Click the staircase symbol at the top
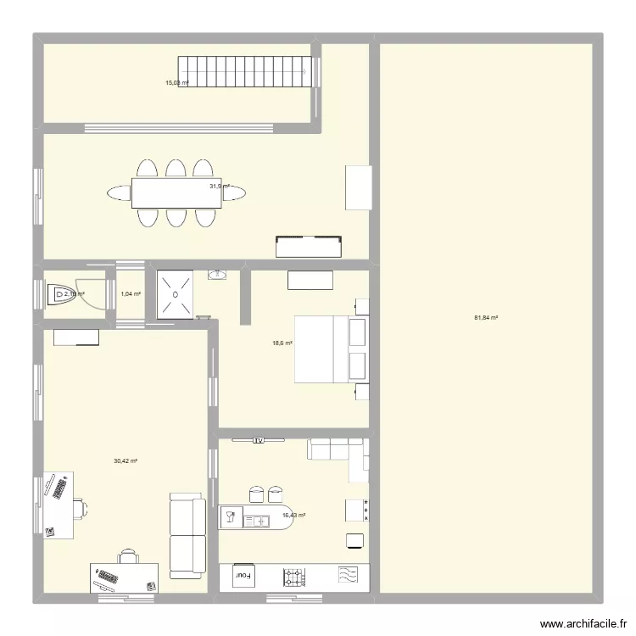243,71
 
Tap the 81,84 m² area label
486,318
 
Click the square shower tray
176,294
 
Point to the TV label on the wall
259,441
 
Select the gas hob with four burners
294,577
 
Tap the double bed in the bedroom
330,349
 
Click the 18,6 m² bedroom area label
282,343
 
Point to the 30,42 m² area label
126,461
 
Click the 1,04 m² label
131,294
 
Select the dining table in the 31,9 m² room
176,192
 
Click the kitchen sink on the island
256,520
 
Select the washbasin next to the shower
218,275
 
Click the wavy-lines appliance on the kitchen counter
348,575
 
